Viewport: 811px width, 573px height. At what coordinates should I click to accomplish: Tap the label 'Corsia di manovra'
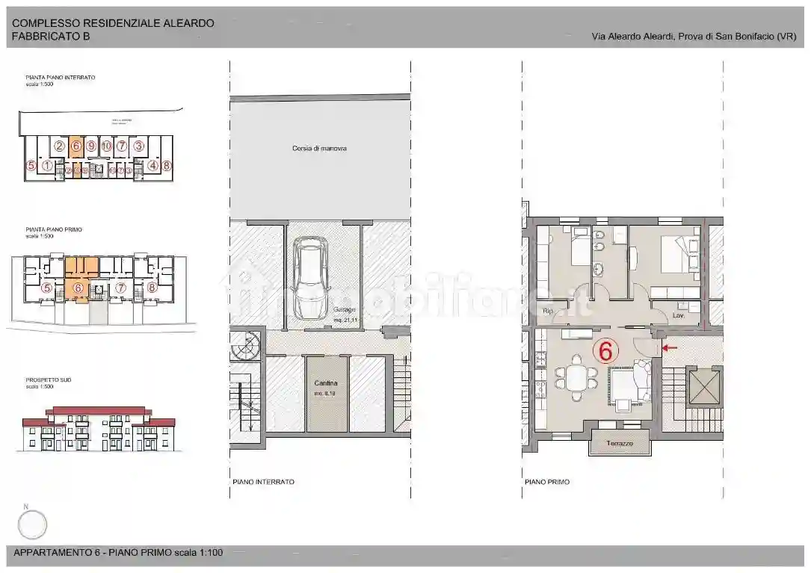(x=319, y=149)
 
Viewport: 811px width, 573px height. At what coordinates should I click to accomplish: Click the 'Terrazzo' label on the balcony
(x=620, y=443)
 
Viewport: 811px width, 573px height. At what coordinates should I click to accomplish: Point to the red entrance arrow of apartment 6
(x=670, y=347)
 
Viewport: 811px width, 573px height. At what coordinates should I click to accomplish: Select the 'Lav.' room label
(x=678, y=316)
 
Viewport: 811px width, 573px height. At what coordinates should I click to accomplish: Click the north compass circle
(x=32, y=524)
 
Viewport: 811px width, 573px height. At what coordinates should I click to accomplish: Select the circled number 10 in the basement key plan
(x=106, y=146)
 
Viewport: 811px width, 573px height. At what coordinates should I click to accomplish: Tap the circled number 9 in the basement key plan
(x=91, y=146)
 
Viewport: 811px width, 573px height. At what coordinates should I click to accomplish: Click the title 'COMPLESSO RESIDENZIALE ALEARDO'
(x=113, y=23)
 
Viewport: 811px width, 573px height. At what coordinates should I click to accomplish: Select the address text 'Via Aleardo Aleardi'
(x=632, y=36)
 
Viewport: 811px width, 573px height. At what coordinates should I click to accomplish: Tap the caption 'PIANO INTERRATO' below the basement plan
(x=263, y=482)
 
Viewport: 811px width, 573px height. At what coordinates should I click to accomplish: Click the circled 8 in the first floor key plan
(x=152, y=287)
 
